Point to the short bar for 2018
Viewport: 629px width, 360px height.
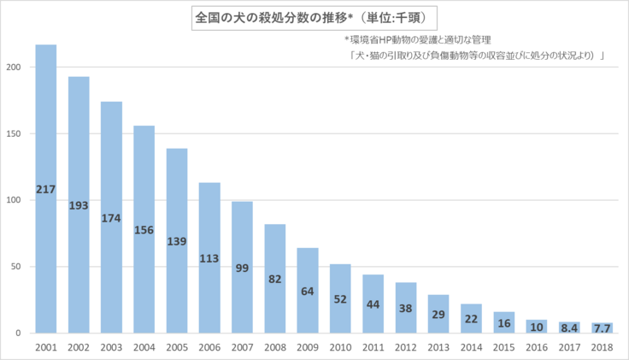click(x=603, y=328)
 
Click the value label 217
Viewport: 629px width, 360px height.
click(x=46, y=189)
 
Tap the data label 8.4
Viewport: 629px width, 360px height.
click(x=570, y=328)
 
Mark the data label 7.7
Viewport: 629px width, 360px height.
click(x=603, y=328)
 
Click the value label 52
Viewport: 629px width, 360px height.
click(x=340, y=298)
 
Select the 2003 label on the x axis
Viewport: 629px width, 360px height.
click(x=111, y=346)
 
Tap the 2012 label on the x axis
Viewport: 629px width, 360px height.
click(x=406, y=346)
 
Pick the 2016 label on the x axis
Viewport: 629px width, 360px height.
click(x=537, y=346)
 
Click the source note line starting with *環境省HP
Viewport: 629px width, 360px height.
click(x=418, y=40)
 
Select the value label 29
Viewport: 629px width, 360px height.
click(x=438, y=316)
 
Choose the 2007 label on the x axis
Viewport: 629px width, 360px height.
click(x=243, y=346)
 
